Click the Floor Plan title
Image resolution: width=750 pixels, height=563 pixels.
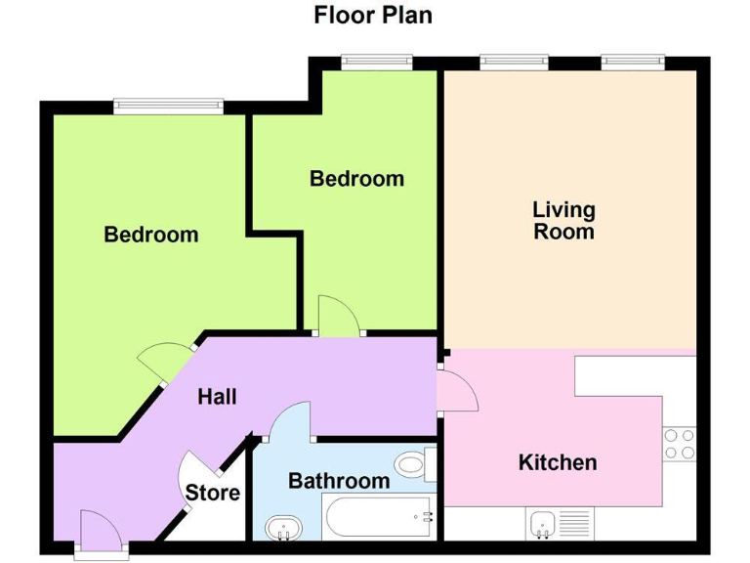373,16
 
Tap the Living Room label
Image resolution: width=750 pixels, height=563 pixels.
563,221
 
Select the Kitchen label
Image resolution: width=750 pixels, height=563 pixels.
558,462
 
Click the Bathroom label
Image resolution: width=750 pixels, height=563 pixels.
339,481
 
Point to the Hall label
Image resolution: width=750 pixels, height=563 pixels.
217,397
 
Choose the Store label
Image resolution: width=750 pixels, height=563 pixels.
213,493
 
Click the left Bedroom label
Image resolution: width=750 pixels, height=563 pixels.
151,235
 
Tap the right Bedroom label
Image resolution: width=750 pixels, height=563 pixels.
356,179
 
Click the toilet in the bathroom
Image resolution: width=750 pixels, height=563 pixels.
414,462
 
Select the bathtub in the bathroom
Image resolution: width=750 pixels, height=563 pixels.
377,515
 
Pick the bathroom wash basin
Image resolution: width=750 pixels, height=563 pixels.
285,528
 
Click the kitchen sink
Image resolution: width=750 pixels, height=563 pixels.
542,523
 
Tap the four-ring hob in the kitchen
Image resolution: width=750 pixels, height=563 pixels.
680,445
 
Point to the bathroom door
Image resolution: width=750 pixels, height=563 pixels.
289,422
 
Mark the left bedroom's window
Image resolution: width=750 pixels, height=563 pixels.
168,106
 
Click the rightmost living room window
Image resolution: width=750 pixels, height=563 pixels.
633,62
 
